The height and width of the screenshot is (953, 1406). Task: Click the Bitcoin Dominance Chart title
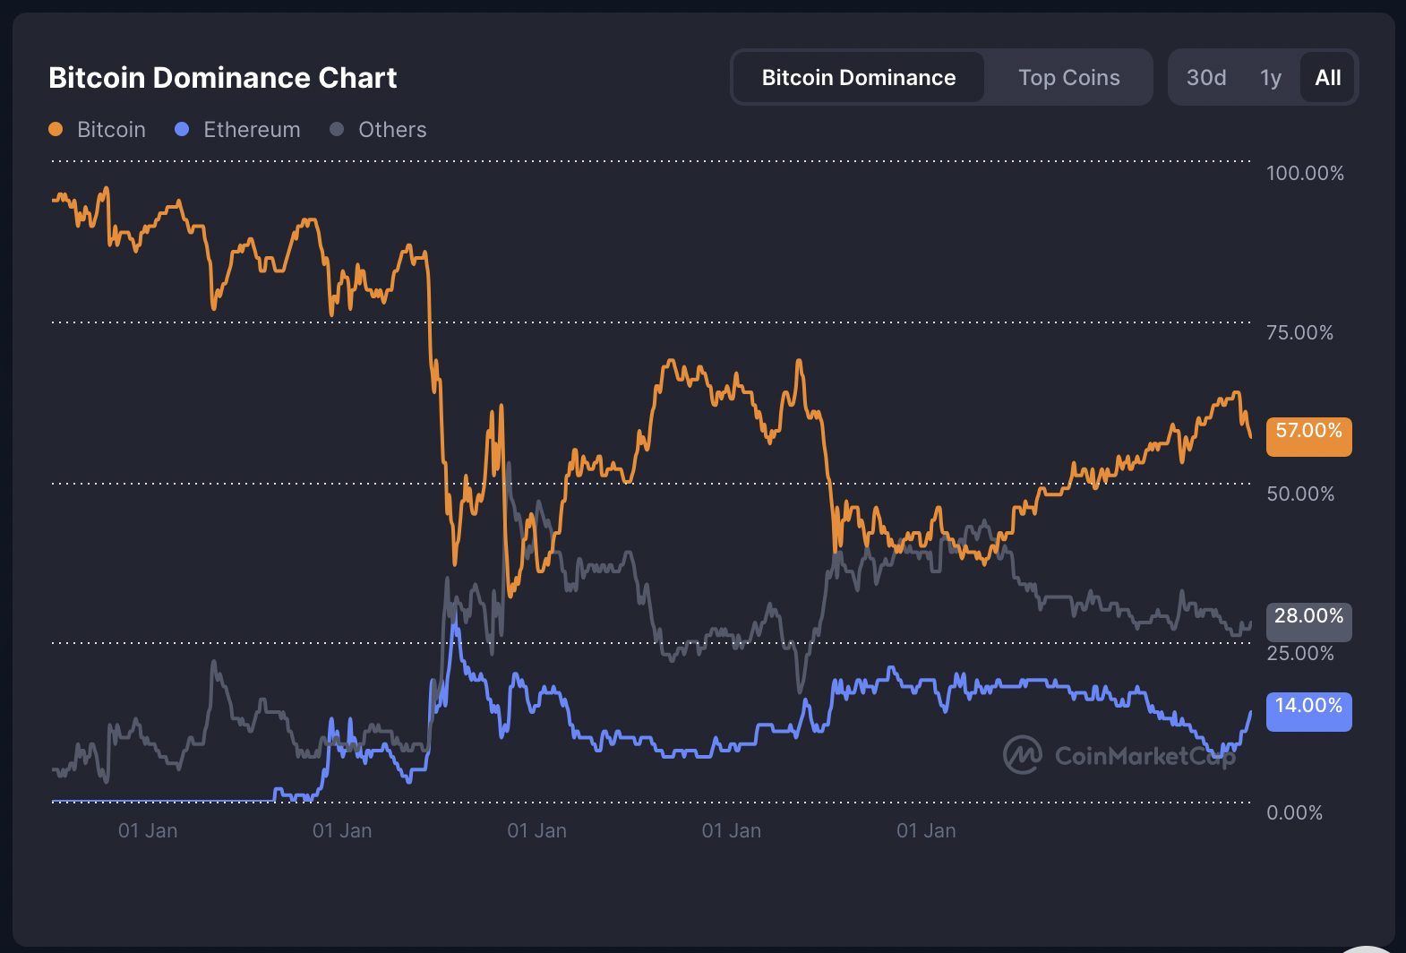coord(222,78)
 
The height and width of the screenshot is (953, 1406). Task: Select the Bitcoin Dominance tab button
coord(858,78)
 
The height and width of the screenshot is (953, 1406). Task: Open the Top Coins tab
coord(1068,78)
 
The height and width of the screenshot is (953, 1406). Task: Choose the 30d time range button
coord(1205,78)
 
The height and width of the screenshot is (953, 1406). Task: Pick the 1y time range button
coord(1270,78)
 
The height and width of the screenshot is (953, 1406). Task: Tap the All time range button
coord(1327,78)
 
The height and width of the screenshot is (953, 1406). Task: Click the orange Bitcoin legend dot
coord(56,129)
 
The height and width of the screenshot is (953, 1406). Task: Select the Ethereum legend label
coord(252,130)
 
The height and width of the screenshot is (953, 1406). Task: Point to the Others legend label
coord(392,130)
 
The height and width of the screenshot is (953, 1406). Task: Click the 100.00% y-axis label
coord(1304,173)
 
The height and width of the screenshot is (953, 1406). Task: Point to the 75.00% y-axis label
coord(1299,333)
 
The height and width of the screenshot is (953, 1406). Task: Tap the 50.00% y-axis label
coord(1299,494)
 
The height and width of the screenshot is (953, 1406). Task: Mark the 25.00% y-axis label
coord(1299,653)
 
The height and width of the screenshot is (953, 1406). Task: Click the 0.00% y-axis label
coord(1293,812)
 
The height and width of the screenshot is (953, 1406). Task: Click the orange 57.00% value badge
coord(1307,436)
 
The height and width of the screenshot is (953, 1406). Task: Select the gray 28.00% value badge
coord(1307,621)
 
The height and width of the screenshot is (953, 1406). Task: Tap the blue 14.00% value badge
coord(1307,711)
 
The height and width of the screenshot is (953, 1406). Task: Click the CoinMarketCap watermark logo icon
coord(1022,755)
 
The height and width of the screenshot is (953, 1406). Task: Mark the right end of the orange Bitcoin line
coord(1250,437)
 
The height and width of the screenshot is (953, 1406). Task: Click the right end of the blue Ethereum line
coord(1250,712)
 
